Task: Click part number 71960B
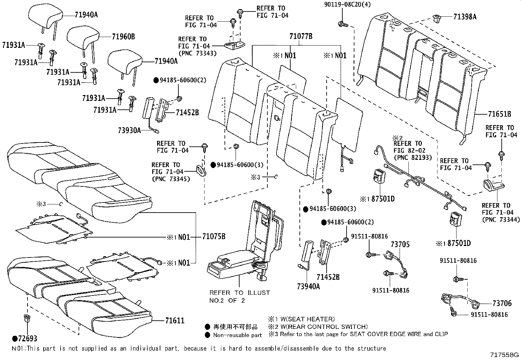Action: (123, 37)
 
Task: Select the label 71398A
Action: (465, 17)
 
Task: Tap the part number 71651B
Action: (499, 114)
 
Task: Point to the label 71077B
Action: (300, 36)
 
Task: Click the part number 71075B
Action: (213, 237)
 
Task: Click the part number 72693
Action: (27, 339)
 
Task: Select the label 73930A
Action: (129, 131)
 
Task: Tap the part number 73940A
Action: (308, 286)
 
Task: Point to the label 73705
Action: (400, 244)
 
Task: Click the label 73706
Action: (502, 303)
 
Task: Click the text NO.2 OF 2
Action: (227, 301)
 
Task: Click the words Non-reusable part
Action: (237, 335)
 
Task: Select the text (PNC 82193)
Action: (413, 158)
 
